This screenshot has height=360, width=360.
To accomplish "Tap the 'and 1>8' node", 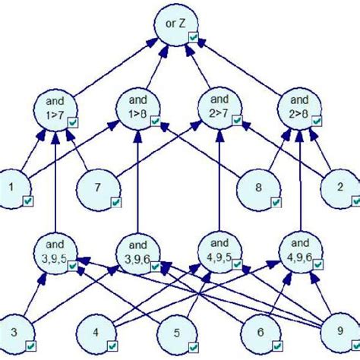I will tap(138, 109).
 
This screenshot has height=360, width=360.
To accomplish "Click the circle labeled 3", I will tap(16, 333).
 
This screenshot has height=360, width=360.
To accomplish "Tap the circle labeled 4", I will tap(96, 333).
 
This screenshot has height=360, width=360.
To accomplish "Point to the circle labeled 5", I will tap(176, 333).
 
